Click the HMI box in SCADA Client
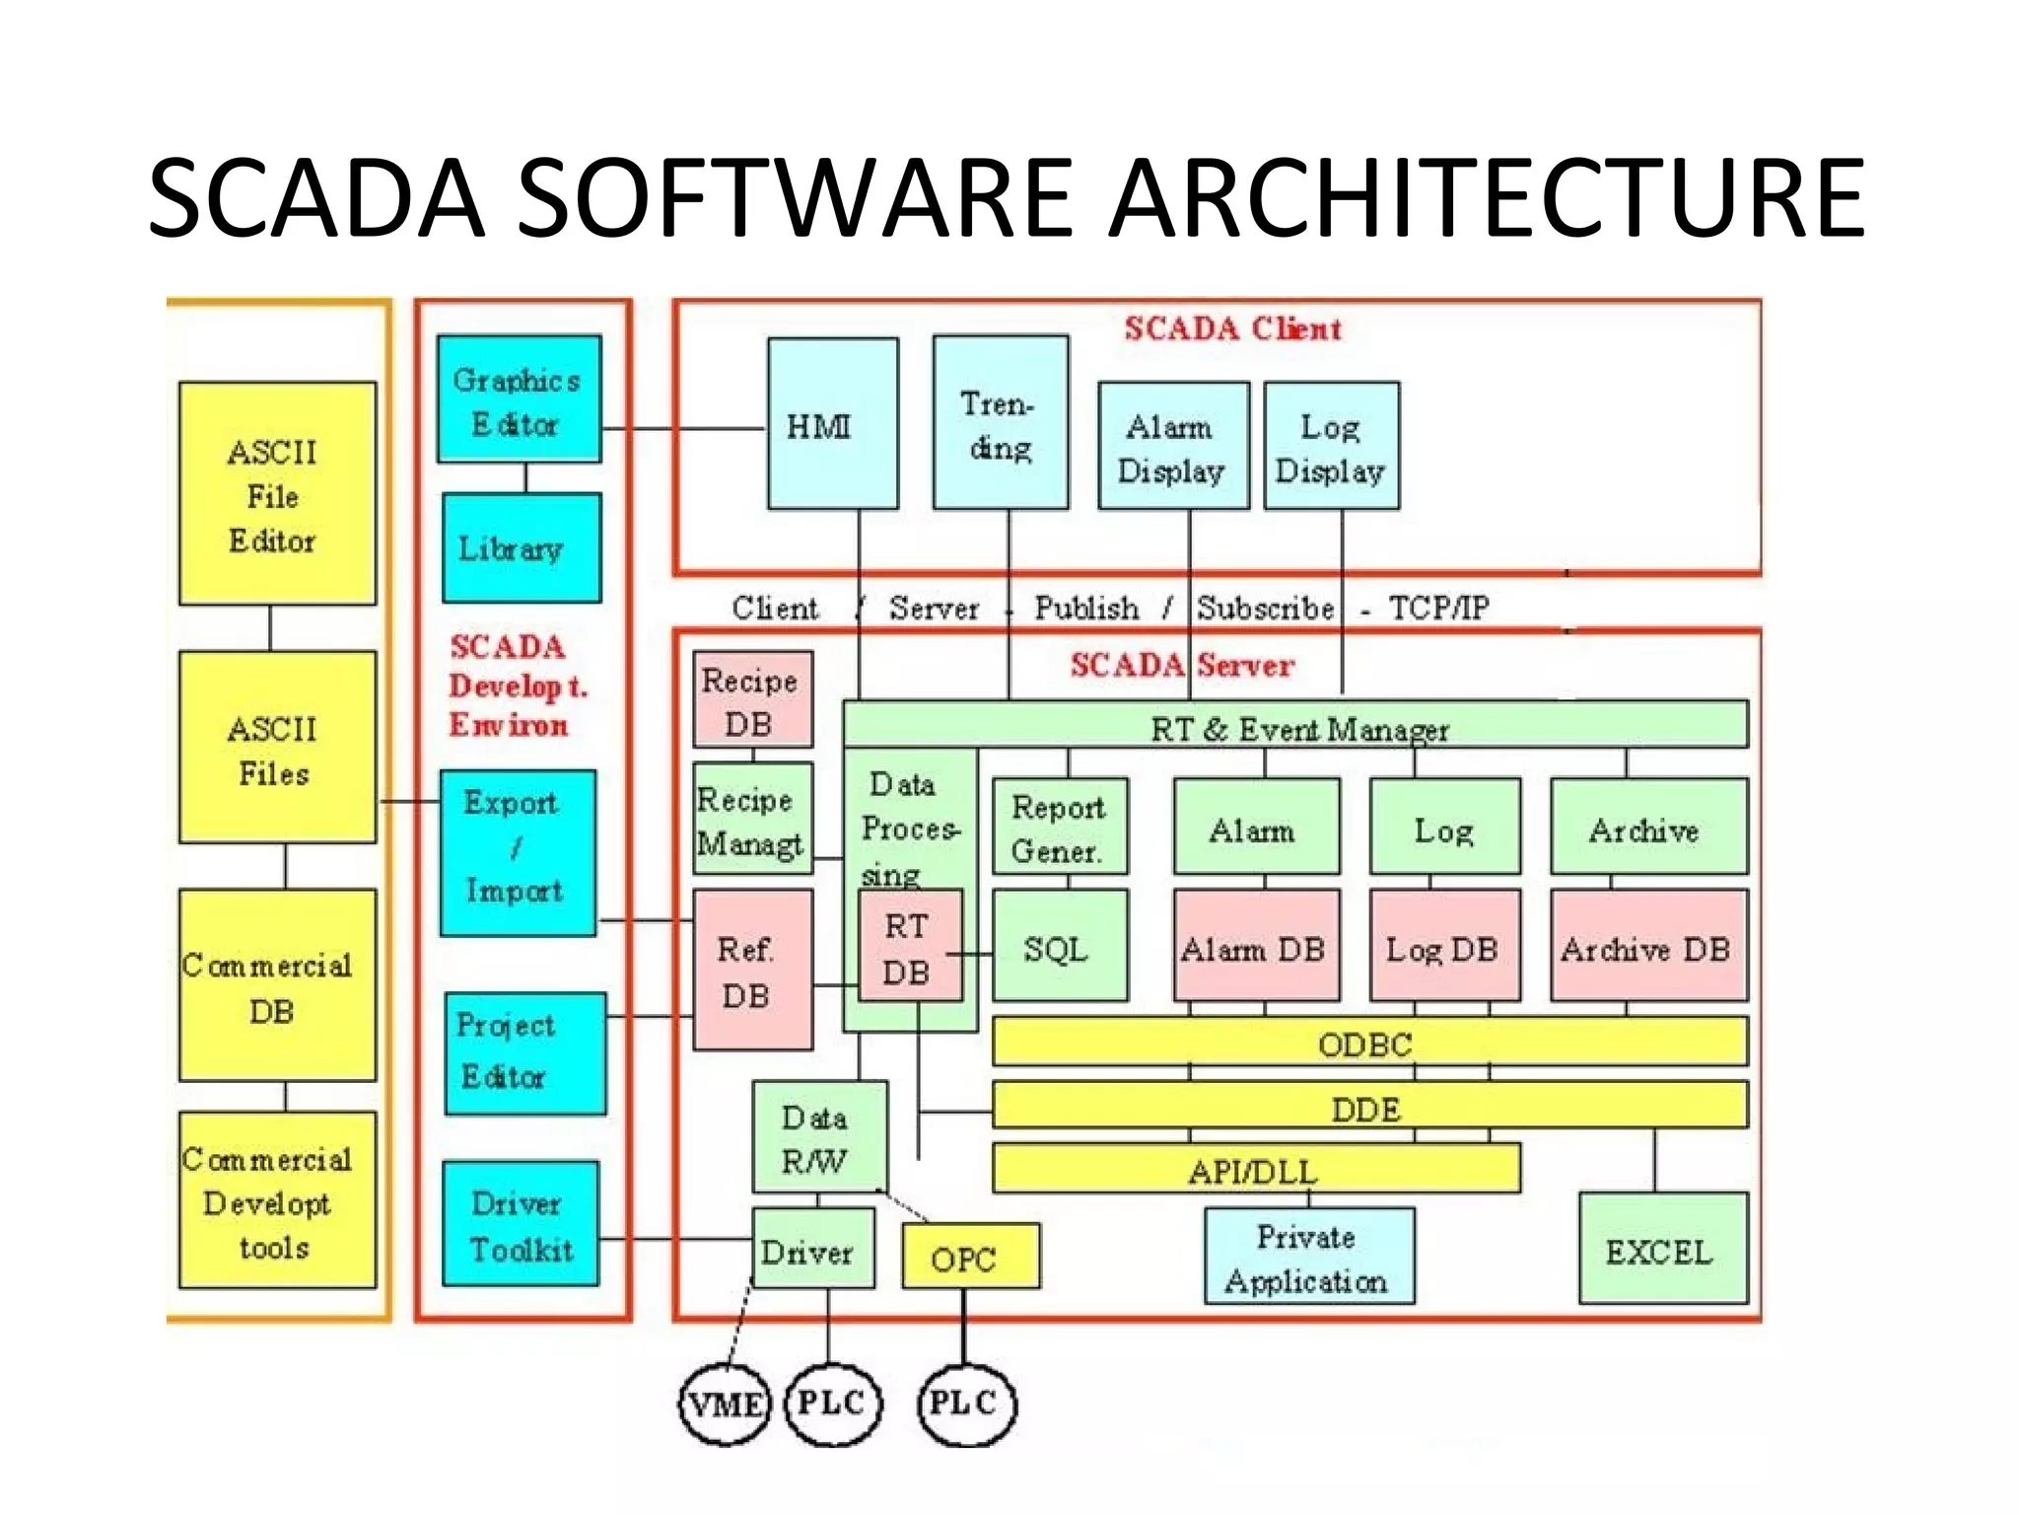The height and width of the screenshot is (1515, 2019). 832,424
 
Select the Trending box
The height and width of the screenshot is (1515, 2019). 1001,424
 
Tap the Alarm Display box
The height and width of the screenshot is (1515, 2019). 1173,447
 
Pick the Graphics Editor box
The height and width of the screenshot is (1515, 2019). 519,399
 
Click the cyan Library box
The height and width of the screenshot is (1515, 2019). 522,548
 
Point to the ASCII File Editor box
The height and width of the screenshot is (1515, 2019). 277,494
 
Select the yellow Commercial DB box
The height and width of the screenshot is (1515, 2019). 277,985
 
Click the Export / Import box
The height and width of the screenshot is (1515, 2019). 518,853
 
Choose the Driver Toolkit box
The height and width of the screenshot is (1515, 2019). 521,1224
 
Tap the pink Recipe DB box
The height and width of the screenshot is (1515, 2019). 752,699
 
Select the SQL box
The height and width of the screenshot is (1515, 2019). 1059,947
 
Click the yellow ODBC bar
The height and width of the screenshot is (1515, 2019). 1368,1043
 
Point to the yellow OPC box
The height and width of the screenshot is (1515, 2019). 970,1257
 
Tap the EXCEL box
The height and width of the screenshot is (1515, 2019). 1662,1250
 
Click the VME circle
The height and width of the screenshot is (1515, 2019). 725,1404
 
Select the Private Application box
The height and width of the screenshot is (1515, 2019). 1308,1257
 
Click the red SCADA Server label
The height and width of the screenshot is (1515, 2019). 1181,664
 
